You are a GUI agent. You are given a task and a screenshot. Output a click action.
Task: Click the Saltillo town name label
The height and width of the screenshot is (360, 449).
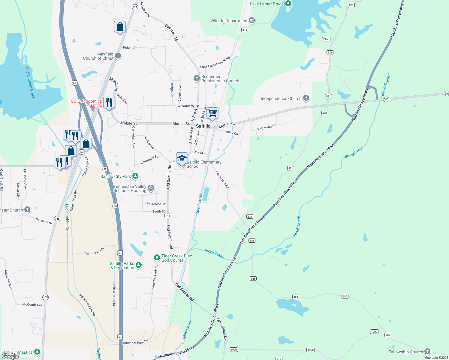pyautogui.click(x=203, y=126)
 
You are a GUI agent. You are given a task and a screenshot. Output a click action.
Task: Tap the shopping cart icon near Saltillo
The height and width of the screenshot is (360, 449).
pyautogui.click(x=212, y=113)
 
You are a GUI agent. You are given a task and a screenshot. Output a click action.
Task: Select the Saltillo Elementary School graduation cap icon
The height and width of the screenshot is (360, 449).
pyautogui.click(x=182, y=158)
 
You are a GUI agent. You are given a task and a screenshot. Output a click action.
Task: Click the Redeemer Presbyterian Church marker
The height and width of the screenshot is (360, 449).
pyautogui.click(x=197, y=78)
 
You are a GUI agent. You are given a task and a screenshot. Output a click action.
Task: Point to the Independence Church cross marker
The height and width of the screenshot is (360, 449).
pyautogui.click(x=306, y=98)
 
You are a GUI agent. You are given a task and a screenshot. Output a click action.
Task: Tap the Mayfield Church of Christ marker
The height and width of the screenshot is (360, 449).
pyautogui.click(x=118, y=55)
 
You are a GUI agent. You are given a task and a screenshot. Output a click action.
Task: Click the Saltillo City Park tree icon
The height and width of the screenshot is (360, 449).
pyautogui.click(x=135, y=176)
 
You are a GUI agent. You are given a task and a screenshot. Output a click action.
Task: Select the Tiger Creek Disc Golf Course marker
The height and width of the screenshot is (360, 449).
pyautogui.click(x=157, y=257)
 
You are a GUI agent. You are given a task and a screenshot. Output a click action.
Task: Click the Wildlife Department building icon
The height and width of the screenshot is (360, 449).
pyautogui.click(x=252, y=20)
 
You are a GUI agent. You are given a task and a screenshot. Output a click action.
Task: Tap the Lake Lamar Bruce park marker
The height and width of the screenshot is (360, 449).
pyautogui.click(x=288, y=4)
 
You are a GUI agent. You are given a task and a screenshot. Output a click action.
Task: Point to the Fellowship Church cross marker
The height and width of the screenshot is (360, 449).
pyautogui.click(x=427, y=351)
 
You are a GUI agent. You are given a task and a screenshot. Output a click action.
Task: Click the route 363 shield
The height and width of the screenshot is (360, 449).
pyautogui.click(x=386, y=99)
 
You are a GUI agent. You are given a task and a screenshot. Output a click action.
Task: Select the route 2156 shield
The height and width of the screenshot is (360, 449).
pyautogui.click(x=326, y=39)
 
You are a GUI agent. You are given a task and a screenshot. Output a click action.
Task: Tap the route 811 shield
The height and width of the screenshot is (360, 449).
pyautogui.click(x=168, y=216)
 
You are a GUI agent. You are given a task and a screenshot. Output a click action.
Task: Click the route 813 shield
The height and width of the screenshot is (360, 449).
pyautogui.click(x=245, y=30)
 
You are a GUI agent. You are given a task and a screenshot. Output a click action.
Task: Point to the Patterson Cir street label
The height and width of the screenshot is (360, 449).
pyautogui.click(x=267, y=127)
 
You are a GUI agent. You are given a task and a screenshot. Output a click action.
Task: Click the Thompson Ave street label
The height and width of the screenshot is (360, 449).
pyautogui.click(x=94, y=251)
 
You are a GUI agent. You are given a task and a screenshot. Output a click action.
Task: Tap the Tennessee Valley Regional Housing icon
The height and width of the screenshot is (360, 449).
pyautogui.click(x=151, y=188)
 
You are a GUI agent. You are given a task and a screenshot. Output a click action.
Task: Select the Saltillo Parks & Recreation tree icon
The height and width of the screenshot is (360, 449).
pyautogui.click(x=138, y=265)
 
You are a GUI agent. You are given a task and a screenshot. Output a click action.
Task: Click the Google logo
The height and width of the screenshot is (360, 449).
pyautogui.click(x=10, y=356)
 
